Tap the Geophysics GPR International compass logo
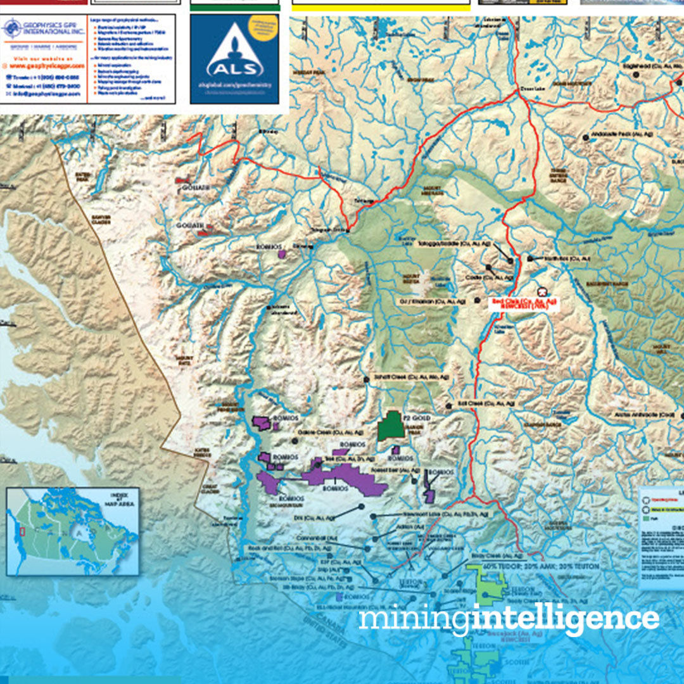point(13,29)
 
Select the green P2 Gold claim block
point(390,426)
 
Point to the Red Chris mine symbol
point(541,292)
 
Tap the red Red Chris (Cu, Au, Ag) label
point(525,302)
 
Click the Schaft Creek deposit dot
point(366,378)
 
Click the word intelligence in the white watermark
point(564,619)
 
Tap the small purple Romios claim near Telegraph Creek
point(282,253)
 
